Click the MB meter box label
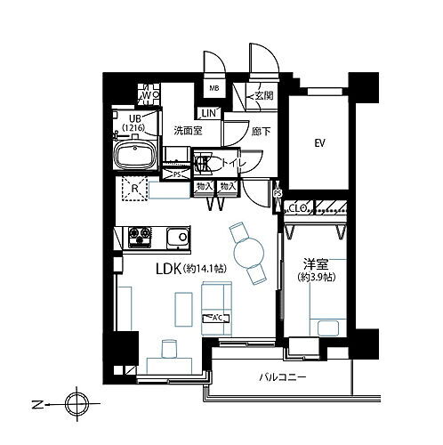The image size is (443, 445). [x=214, y=89]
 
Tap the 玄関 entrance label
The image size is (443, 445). [x=262, y=97]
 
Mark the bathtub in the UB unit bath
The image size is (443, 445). [x=136, y=158]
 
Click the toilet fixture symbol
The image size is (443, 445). [x=204, y=164]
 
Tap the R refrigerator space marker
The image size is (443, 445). [x=133, y=188]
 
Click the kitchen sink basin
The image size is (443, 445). [x=177, y=238]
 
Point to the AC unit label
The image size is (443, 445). [x=214, y=319]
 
